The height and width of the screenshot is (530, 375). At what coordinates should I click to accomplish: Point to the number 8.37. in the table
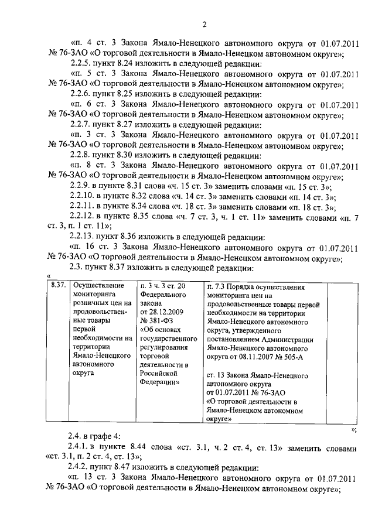coord(57,285)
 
